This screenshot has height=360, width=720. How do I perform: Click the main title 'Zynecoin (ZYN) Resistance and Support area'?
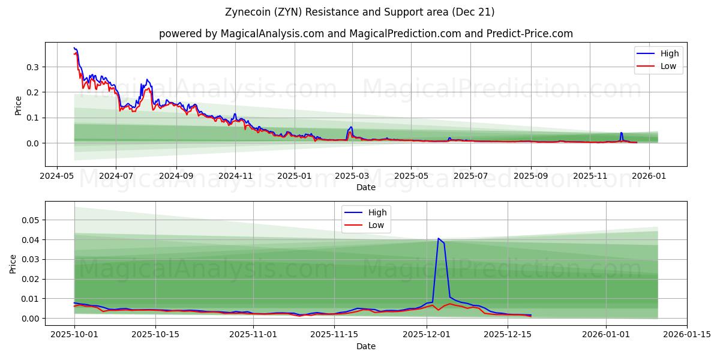[x=360, y=12]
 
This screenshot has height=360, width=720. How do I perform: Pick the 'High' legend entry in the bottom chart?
[x=376, y=212]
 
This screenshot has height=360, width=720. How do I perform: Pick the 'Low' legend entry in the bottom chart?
[x=376, y=225]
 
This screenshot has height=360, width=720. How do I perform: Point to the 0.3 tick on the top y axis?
[x=32, y=67]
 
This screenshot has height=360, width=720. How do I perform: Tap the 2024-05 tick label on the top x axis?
[x=57, y=176]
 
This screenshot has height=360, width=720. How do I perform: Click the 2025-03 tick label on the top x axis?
[x=352, y=176]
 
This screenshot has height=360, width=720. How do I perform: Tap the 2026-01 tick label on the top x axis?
[x=649, y=176]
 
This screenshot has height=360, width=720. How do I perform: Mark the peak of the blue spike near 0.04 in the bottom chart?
[x=438, y=238]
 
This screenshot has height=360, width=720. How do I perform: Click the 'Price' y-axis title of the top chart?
[x=18, y=106]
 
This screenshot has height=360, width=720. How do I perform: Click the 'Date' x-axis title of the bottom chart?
[x=366, y=346]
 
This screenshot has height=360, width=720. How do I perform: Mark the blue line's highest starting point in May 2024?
[x=74, y=48]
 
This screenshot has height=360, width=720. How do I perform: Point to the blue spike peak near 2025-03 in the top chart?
[x=351, y=127]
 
